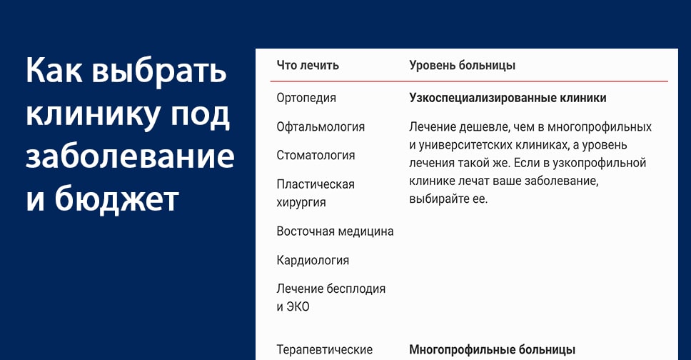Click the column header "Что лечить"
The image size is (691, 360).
click(308, 65)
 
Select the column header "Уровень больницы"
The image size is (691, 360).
click(463, 65)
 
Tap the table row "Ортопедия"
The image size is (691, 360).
click(306, 98)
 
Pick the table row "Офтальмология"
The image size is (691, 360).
click(321, 127)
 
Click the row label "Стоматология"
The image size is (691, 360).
click(316, 155)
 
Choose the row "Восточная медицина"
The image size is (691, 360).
click(335, 231)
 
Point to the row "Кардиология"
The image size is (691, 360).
click(313, 260)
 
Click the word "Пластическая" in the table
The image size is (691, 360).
click(316, 184)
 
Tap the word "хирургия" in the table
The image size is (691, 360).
click(301, 203)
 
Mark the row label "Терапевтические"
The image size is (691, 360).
click(324, 350)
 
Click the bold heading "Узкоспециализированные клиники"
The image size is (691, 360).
click(508, 98)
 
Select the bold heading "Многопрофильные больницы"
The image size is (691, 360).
click(493, 350)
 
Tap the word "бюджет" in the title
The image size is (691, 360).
click(117, 199)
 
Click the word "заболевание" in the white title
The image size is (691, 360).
click(130, 156)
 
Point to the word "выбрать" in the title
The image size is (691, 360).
click(159, 71)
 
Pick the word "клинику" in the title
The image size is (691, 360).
click(94, 115)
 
